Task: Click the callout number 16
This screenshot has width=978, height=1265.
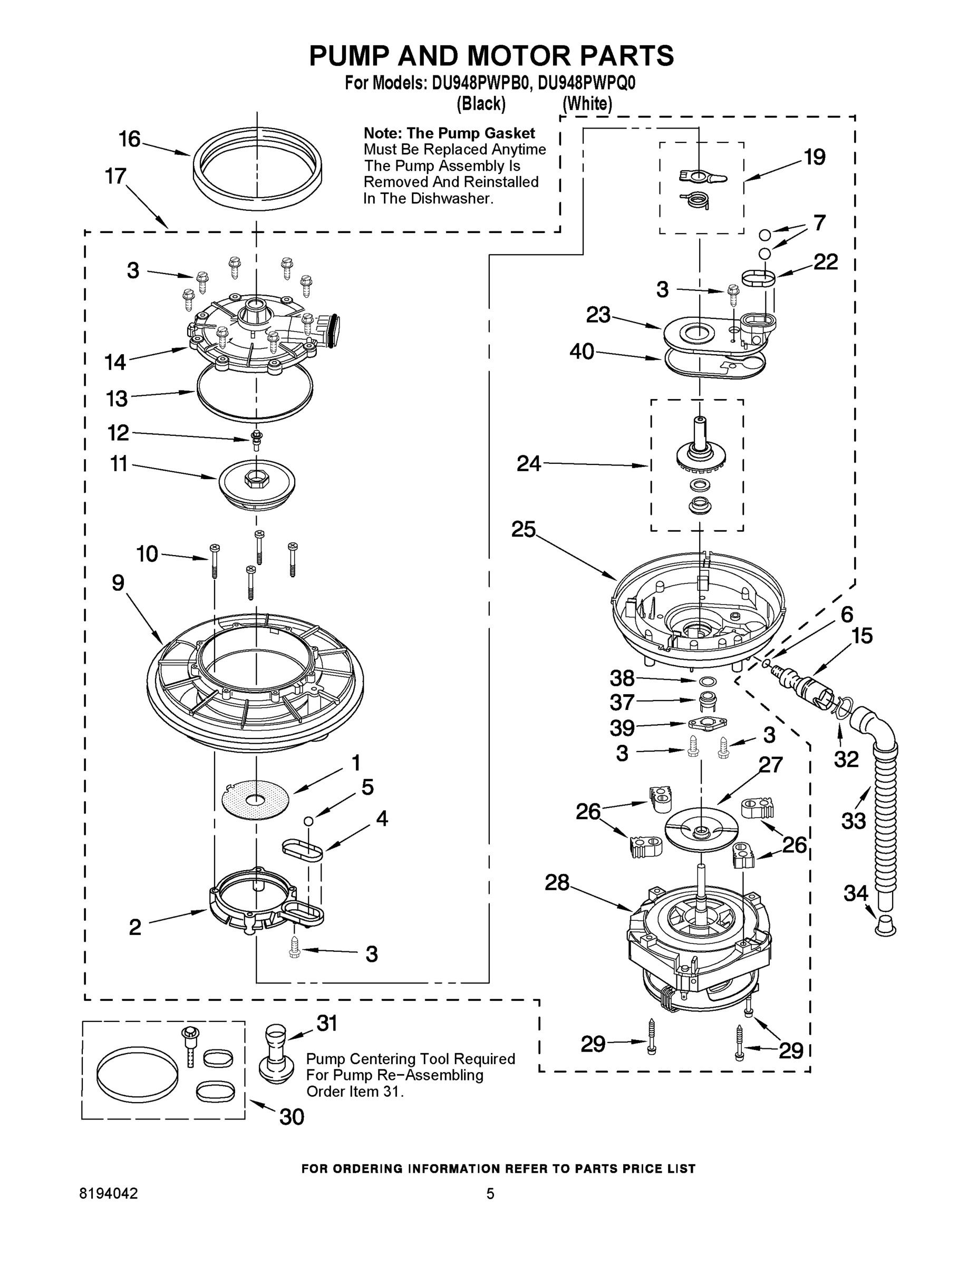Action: click(129, 139)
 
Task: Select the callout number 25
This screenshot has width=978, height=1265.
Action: click(523, 529)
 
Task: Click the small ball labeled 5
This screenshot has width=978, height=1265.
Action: click(309, 820)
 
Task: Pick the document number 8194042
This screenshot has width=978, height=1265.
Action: click(109, 1193)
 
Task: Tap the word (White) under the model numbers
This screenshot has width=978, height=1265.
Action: click(587, 104)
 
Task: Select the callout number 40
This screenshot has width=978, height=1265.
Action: click(582, 352)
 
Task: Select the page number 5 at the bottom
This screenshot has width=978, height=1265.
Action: click(490, 1193)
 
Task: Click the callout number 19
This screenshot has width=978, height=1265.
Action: click(814, 157)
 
